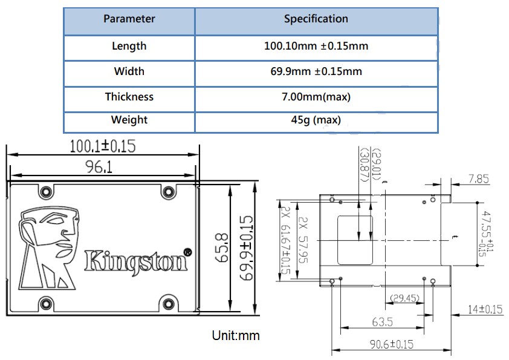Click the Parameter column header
[129, 19]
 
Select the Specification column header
[316, 19]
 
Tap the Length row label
[129, 46]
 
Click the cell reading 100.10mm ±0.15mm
[316, 46]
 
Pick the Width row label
[129, 71]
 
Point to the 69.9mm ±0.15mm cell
[316, 71]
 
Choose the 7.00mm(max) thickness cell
[316, 97]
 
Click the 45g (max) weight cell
[316, 120]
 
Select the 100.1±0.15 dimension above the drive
[102, 146]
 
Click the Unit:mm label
[235, 335]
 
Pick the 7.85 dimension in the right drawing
[478, 179]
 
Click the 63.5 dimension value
[379, 321]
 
